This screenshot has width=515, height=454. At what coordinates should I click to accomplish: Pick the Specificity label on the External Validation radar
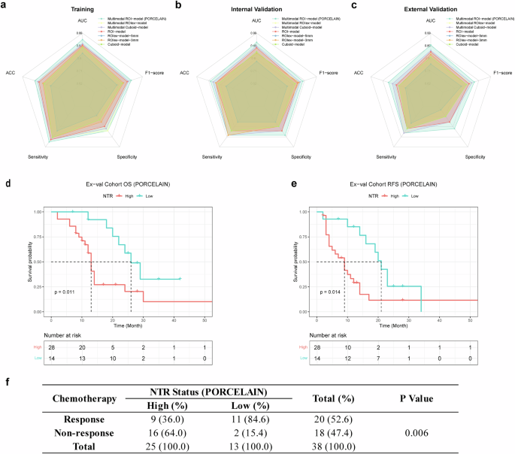coord(474,156)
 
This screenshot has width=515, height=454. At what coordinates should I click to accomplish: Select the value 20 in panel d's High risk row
coord(82,347)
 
